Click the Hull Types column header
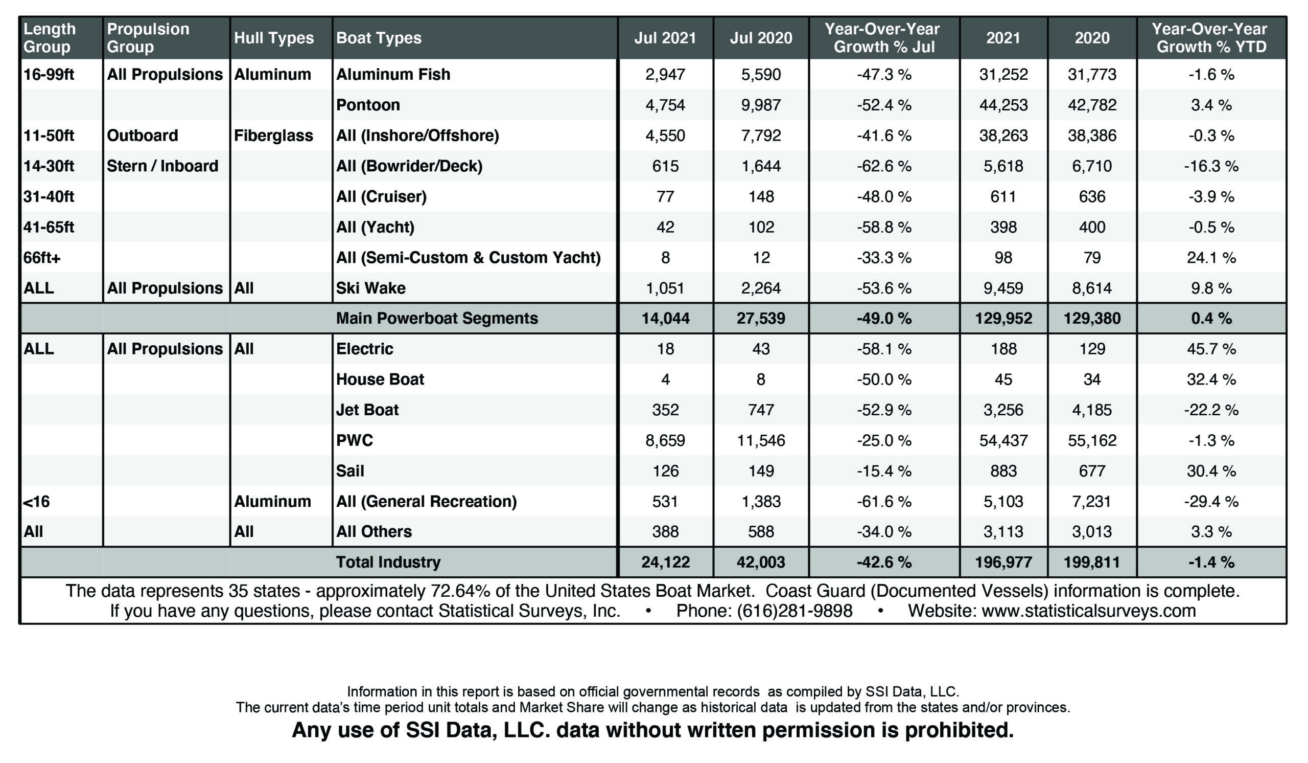pyautogui.click(x=273, y=38)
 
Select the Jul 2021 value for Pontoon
pyautogui.click(x=665, y=105)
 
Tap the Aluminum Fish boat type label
pyautogui.click(x=393, y=74)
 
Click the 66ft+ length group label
pyautogui.click(x=42, y=258)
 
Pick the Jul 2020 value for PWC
pyautogui.click(x=761, y=440)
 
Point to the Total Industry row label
pyautogui.click(x=388, y=562)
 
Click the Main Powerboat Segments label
pyautogui.click(x=437, y=319)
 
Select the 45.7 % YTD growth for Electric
pyautogui.click(x=1211, y=349)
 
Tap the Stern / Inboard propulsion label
pyautogui.click(x=162, y=166)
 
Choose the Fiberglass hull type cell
pyautogui.click(x=273, y=136)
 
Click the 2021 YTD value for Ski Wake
pyautogui.click(x=1003, y=288)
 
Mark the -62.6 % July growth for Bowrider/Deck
pyautogui.click(x=884, y=166)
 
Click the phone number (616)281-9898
pyautogui.click(x=794, y=611)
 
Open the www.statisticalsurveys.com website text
pyautogui.click(x=1088, y=611)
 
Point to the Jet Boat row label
pyautogui.click(x=367, y=410)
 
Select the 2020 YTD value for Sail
pyautogui.click(x=1092, y=471)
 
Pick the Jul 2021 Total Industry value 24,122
pyautogui.click(x=665, y=562)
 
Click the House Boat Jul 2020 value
pyautogui.click(x=761, y=379)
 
